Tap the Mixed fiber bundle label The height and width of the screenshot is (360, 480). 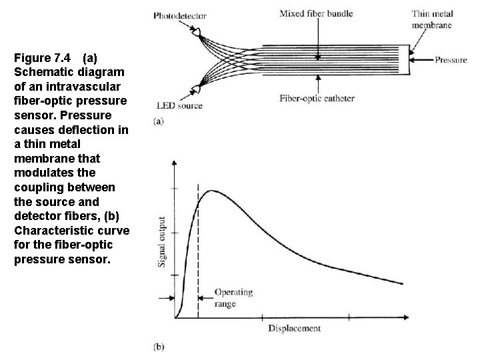[316, 13]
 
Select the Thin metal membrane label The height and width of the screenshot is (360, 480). [432, 19]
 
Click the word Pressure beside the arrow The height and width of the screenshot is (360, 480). [451, 60]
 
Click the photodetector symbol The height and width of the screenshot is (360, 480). [199, 31]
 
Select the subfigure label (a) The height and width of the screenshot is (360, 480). [159, 121]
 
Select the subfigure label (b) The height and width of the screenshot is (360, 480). [159, 346]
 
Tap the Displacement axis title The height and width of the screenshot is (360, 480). [295, 328]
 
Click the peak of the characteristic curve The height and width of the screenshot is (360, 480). [211, 191]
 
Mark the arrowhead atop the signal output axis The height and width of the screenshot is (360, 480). [175, 163]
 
